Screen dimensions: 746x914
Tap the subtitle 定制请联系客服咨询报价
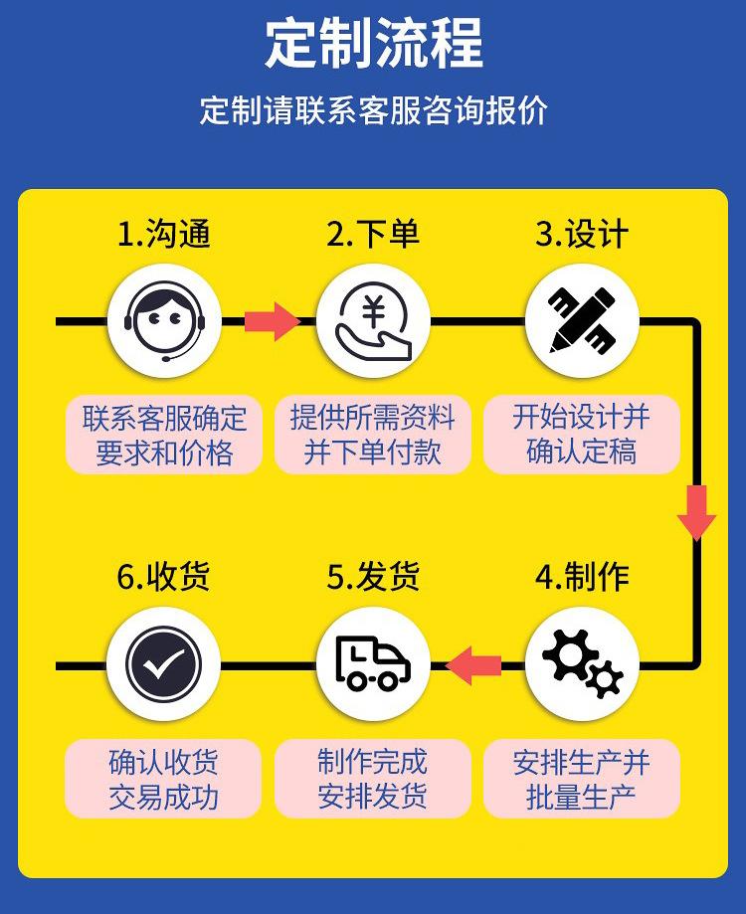click(373, 109)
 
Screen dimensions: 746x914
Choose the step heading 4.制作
click(582, 577)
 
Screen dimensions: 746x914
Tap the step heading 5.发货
click(373, 577)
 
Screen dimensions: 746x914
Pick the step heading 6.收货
click(164, 577)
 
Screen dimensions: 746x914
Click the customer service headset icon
click(164, 320)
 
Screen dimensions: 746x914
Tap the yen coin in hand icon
click(373, 320)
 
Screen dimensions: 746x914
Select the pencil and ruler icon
click(582, 320)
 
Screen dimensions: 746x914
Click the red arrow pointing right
click(272, 320)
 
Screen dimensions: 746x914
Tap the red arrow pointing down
click(696, 512)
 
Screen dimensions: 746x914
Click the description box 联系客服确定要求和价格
click(164, 435)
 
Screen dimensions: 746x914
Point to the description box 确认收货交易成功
click(164, 779)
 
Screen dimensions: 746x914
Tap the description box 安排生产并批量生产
click(582, 779)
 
